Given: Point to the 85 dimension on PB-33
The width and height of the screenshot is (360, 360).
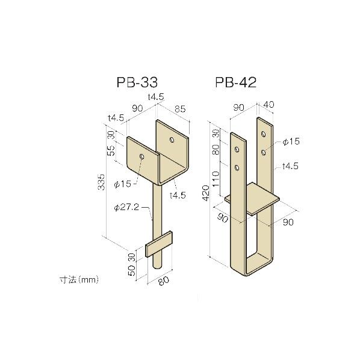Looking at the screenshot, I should (180, 109).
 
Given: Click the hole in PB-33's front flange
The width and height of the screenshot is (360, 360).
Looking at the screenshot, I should (141, 156).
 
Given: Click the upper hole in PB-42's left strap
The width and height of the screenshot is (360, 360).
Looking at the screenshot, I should (238, 149).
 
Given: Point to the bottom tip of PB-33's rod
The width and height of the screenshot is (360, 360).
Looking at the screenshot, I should (157, 267).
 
